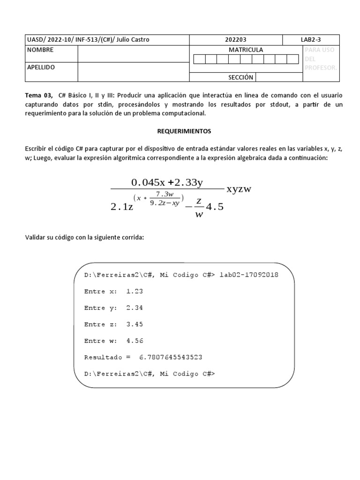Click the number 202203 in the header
pos(236,40)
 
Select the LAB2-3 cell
pos(311,40)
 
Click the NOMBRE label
pos(40,50)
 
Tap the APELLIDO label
pos(41,67)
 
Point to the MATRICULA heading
pos(246,50)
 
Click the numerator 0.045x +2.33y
pos(170,182)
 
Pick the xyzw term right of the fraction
pos(239,189)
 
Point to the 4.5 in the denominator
pos(215,206)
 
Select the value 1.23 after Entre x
pos(135,291)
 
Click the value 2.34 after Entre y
pos(135,308)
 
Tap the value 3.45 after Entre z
pos(135,324)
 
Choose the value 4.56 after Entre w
pos(135,341)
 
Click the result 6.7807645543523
pos(171,357)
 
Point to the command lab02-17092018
pos(248,275)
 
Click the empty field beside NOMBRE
pos(133,54)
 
